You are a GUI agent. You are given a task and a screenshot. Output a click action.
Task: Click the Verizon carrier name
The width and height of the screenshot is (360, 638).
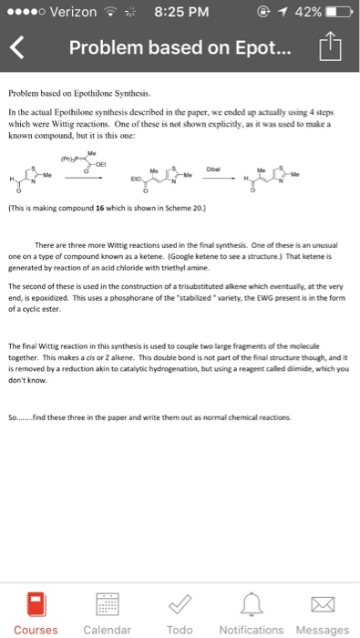[x=75, y=12]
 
